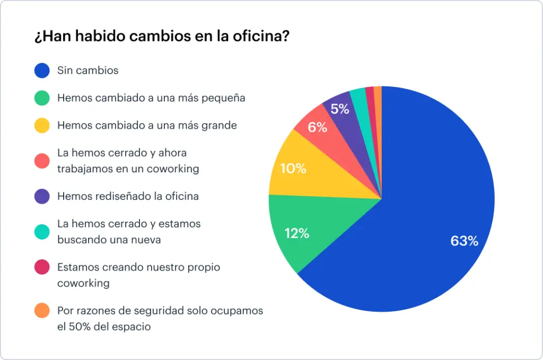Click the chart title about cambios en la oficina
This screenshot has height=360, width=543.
click(x=162, y=38)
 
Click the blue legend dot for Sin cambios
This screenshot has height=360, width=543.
click(x=42, y=70)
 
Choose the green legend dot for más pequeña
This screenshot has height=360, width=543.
click(x=42, y=98)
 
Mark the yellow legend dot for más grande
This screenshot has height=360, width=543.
click(x=42, y=126)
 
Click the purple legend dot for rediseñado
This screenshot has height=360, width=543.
click(x=42, y=196)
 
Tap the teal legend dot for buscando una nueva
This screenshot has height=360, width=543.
click(x=42, y=232)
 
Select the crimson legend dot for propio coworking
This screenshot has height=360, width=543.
click(x=42, y=267)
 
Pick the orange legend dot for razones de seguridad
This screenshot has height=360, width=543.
click(x=42, y=310)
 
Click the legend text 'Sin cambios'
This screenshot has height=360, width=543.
click(x=88, y=70)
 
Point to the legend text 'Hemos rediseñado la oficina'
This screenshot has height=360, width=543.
click(x=128, y=196)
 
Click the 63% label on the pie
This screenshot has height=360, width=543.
click(x=464, y=241)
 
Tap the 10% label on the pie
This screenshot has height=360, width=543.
click(x=293, y=169)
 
